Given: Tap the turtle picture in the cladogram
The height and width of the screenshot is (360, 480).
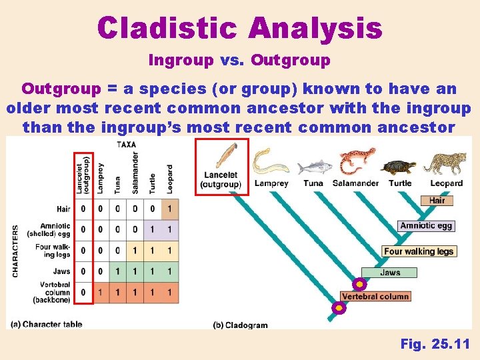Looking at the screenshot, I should [x=400, y=167].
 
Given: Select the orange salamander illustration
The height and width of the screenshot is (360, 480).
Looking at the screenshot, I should [x=357, y=161].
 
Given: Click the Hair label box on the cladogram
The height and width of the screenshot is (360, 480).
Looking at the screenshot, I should [x=437, y=200].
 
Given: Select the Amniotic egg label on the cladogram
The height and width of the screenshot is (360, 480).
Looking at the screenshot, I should [x=426, y=225].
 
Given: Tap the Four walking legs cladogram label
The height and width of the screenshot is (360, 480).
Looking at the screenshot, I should [x=419, y=251].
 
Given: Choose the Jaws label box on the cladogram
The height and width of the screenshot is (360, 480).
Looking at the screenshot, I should [x=390, y=272].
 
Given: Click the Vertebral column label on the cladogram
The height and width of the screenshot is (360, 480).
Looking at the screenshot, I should [x=375, y=296].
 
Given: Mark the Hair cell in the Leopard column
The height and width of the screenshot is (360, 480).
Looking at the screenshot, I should [x=170, y=209].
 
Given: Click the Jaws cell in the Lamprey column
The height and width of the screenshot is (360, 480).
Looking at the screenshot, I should [x=101, y=271].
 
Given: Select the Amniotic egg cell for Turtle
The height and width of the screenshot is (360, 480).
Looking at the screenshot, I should [x=153, y=229].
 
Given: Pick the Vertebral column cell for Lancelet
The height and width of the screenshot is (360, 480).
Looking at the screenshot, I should [x=83, y=293].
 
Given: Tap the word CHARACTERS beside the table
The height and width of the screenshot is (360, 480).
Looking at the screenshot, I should [x=15, y=251].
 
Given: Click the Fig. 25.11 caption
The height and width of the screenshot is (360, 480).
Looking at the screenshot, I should [x=435, y=344].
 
